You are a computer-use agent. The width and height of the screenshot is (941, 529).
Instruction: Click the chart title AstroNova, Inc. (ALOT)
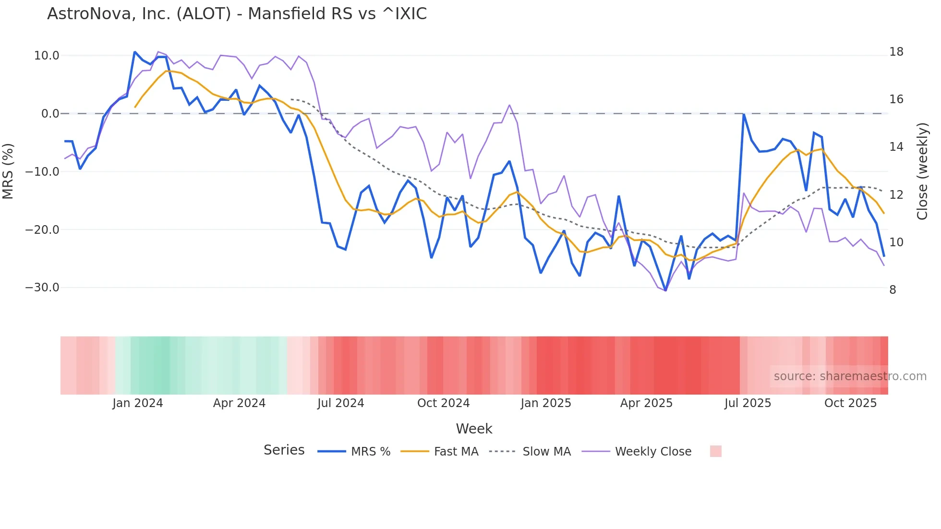coord(237,14)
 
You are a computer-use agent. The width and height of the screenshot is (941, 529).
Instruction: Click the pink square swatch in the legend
coord(715,451)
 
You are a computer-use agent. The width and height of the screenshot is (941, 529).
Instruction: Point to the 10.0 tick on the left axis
coord(47,56)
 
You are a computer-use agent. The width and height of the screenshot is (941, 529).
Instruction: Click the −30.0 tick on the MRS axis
coord(42,288)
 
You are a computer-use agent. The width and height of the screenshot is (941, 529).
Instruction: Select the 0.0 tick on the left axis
coord(50,114)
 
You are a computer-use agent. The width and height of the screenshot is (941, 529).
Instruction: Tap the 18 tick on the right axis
coord(896,52)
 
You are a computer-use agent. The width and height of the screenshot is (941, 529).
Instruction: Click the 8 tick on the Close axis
coord(893,290)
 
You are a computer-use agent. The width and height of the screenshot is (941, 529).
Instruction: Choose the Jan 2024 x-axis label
coord(138,403)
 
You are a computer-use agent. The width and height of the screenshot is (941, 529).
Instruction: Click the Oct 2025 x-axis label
coord(850,403)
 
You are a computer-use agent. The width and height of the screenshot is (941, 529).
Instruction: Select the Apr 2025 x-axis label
coord(646,403)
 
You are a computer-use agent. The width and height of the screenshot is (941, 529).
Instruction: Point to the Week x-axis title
coord(474,429)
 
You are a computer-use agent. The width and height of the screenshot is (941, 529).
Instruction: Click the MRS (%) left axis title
coord(8,171)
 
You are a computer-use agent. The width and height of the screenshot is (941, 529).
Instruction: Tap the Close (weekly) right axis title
coord(922,171)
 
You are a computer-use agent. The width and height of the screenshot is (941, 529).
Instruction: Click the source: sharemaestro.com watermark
coord(850,376)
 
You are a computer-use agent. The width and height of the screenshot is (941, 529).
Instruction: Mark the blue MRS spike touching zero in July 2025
coord(743,114)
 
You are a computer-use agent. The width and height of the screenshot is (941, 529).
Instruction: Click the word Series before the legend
coord(284,450)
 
